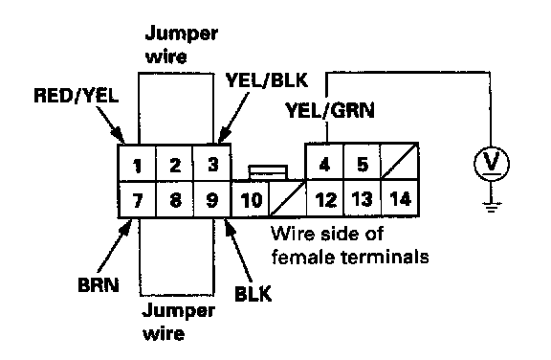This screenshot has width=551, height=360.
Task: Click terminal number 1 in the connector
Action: coord(138,164)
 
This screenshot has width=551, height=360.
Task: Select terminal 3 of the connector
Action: coord(212,164)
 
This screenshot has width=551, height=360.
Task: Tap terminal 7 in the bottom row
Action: coord(138,200)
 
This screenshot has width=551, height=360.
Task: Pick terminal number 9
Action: coord(212,200)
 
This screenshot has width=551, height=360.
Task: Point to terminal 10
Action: coord(251,200)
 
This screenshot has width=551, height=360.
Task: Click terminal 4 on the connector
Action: coord(324,163)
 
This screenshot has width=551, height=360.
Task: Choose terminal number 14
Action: coord(400,198)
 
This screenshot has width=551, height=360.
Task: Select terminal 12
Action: coord(325,198)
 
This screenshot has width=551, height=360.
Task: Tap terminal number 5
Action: coord(362,163)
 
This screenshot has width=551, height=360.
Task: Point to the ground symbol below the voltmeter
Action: coord(491,208)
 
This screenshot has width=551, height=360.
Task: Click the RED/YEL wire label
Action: coord(77,96)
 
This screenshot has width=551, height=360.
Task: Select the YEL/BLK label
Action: coord(267,80)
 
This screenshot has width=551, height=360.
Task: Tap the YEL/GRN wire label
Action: coord(330,110)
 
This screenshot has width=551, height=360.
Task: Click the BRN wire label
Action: coord(99,284)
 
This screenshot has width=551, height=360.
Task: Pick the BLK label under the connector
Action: coord(253,294)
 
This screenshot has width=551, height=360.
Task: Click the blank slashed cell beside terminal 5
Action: coord(400,163)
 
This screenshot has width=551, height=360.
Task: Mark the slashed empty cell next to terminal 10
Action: coord(288,200)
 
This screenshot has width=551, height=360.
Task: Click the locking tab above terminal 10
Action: coord(268,172)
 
